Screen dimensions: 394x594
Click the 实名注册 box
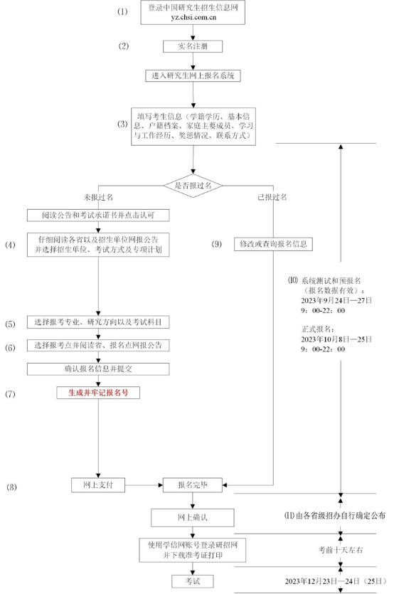click(193, 46)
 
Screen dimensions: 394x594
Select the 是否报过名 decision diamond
click(193, 186)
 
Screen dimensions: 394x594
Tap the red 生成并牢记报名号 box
click(98, 393)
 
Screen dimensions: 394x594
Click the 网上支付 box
click(98, 485)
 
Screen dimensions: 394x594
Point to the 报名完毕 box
click(193, 485)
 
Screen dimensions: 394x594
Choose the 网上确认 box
click(193, 517)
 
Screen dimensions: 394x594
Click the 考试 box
click(193, 581)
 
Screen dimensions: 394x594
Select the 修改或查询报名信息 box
click(273, 244)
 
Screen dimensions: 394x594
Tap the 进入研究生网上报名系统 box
click(193, 76)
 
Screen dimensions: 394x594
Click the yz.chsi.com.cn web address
click(193, 17)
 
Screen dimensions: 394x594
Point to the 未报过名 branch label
click(98, 197)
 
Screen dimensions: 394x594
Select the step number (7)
click(10, 394)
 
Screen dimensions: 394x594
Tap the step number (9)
click(216, 244)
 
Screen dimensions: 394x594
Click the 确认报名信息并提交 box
click(98, 369)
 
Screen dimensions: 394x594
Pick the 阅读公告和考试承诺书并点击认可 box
click(98, 215)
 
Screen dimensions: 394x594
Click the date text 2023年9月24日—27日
click(336, 301)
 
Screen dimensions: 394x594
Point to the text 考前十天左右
click(340, 550)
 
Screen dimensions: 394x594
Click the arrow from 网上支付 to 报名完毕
click(144, 485)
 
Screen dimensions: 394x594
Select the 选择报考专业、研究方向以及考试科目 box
click(98, 322)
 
